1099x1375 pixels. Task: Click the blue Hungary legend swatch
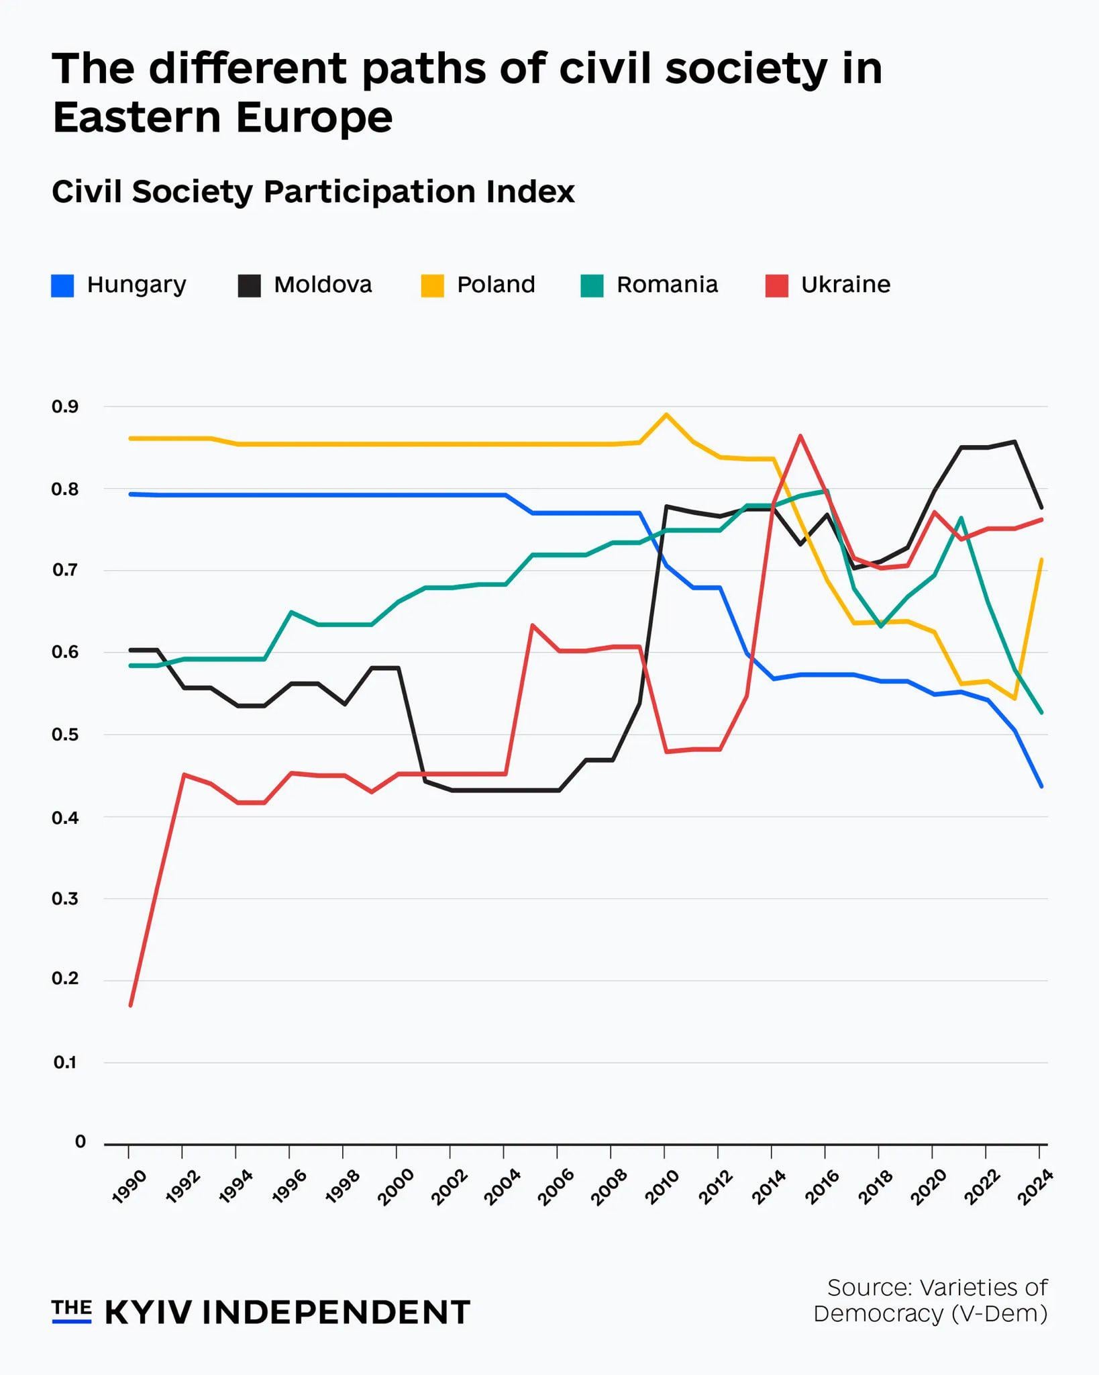pos(62,285)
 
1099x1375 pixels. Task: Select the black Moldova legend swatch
pos(249,285)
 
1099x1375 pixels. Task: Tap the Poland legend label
pos(496,285)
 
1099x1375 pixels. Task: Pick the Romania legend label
pos(667,285)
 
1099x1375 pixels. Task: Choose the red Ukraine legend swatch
pos(776,285)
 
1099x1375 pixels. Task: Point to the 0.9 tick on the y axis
pos(65,407)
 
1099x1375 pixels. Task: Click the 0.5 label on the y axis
pos(65,734)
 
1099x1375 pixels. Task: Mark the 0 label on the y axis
pos(81,1142)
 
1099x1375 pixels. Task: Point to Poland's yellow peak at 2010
pos(666,414)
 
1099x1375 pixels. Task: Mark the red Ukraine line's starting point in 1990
pos(130,1005)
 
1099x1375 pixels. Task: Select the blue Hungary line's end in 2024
pos(1041,786)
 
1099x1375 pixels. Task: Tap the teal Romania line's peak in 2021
pos(961,518)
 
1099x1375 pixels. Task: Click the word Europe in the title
pos(314,117)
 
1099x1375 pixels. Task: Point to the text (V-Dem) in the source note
pos(999,1313)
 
